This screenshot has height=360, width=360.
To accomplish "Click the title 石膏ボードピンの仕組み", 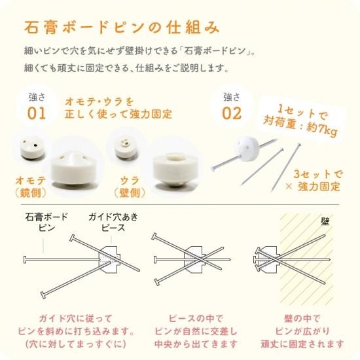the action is click(122, 27).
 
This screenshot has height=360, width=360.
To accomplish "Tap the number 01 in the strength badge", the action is click(37, 113).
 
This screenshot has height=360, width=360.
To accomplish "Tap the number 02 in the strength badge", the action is click(232, 113).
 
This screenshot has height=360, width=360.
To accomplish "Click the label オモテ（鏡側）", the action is click(31, 187).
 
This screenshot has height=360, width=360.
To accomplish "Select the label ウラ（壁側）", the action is click(130, 187).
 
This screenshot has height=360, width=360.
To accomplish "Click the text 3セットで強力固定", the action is click(315, 181).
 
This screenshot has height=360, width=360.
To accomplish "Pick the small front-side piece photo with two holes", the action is click(32, 149).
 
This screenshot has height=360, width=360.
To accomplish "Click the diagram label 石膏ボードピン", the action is click(46, 222).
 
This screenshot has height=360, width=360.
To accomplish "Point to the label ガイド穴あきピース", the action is click(113, 222).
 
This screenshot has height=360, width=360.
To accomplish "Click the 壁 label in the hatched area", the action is click(325, 221).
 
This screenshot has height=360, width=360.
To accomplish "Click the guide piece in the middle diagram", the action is click(194, 260).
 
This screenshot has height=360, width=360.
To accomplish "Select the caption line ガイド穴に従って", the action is click(75, 319).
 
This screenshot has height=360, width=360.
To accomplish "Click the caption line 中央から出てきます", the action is click(196, 344).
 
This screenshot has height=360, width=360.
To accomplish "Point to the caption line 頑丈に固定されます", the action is click(302, 344).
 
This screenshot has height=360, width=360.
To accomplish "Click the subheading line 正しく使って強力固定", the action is click(118, 114).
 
